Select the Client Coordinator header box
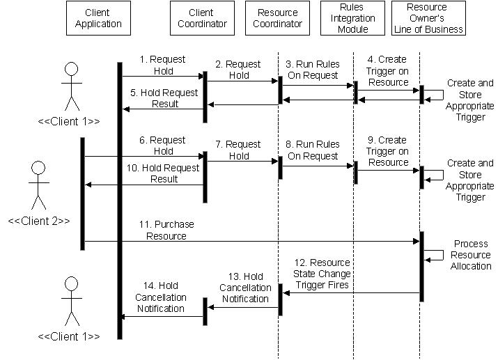click(x=201, y=18)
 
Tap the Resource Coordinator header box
click(x=278, y=18)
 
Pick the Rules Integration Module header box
click(x=352, y=18)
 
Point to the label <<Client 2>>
click(x=39, y=221)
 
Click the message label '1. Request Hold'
click(x=163, y=65)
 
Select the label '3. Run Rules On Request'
click(x=313, y=70)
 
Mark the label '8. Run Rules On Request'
click(x=313, y=150)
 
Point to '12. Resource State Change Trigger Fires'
click(x=320, y=274)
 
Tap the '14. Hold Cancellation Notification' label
click(x=161, y=297)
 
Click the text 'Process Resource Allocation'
click(x=471, y=255)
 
